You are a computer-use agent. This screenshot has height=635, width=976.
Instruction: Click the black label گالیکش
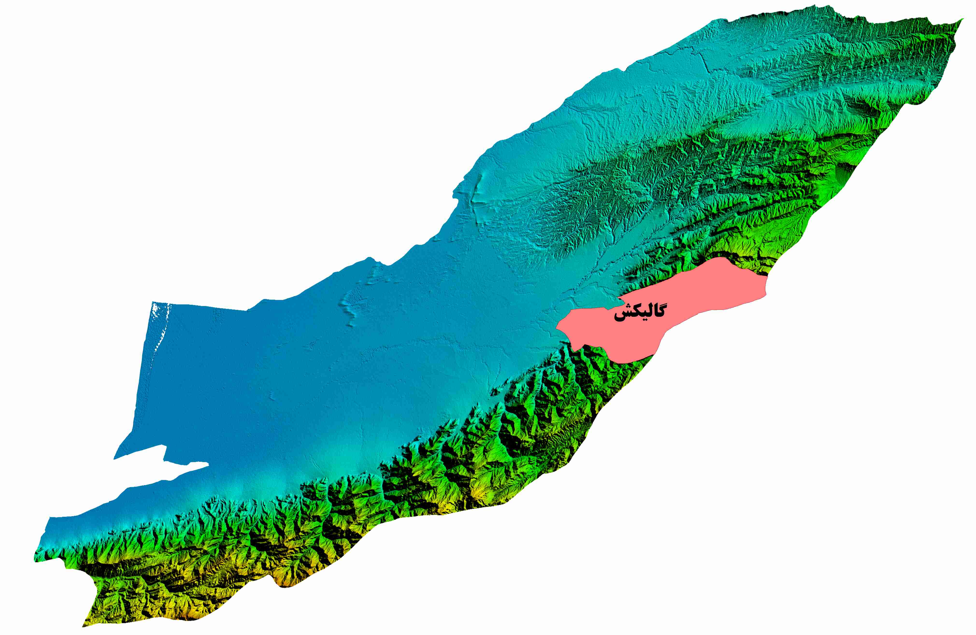click(639, 313)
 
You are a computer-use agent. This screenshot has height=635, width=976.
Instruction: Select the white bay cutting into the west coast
click(164, 468)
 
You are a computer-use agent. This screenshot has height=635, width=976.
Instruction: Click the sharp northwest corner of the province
click(152, 303)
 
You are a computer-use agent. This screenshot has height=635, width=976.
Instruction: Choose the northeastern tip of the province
click(962, 20)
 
